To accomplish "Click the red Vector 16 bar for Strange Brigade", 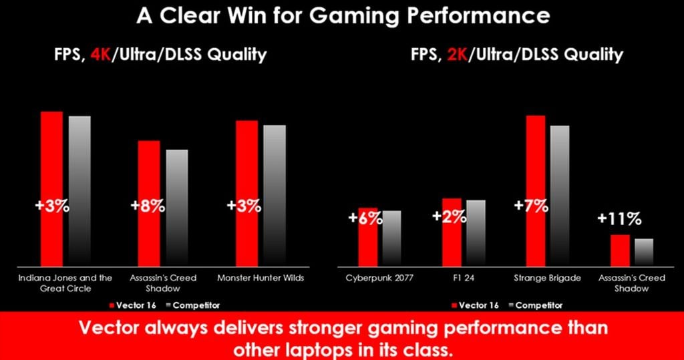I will point(536,167).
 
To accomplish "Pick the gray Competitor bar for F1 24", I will point(476,234).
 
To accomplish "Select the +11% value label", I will point(619,218).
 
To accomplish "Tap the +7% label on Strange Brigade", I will point(531,206).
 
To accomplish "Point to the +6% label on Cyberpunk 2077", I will point(365,218).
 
